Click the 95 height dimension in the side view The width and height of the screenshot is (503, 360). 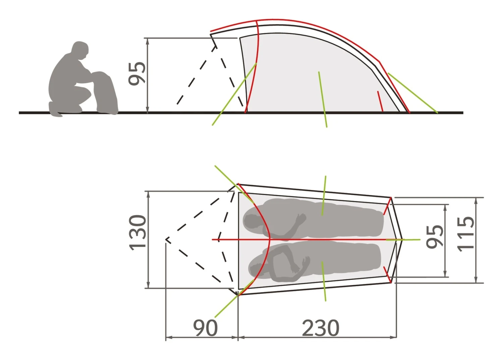(137, 73)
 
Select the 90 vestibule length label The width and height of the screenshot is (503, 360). (206, 328)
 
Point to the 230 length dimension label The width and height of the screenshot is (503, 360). (321, 328)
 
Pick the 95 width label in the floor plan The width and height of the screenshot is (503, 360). (435, 237)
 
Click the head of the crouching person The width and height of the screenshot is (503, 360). (80, 50)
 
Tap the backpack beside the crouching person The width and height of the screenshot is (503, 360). (105, 93)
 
